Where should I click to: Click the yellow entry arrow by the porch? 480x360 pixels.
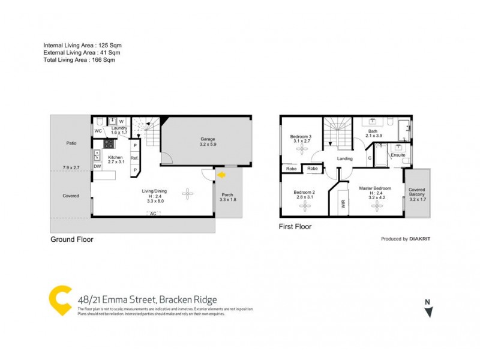pos(221,175)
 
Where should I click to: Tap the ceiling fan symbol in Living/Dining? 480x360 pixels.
pos(188,193)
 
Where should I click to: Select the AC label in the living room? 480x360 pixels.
pos(153,214)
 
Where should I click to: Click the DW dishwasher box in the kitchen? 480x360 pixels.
pos(97,166)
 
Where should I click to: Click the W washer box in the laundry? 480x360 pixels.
pos(121,122)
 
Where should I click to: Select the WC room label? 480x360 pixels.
pos(98,131)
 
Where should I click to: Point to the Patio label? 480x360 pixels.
pos(71,143)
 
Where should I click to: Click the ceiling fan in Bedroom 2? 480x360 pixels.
pos(305,206)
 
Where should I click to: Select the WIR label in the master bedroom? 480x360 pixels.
pos(343,203)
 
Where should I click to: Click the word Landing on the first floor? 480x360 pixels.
pos(344,158)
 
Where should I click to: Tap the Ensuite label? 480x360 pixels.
pos(398,155)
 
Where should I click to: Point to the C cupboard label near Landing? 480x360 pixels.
pos(369,158)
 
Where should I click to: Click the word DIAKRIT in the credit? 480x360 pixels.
pos(420,239)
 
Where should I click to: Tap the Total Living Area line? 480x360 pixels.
pos(79,60)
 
